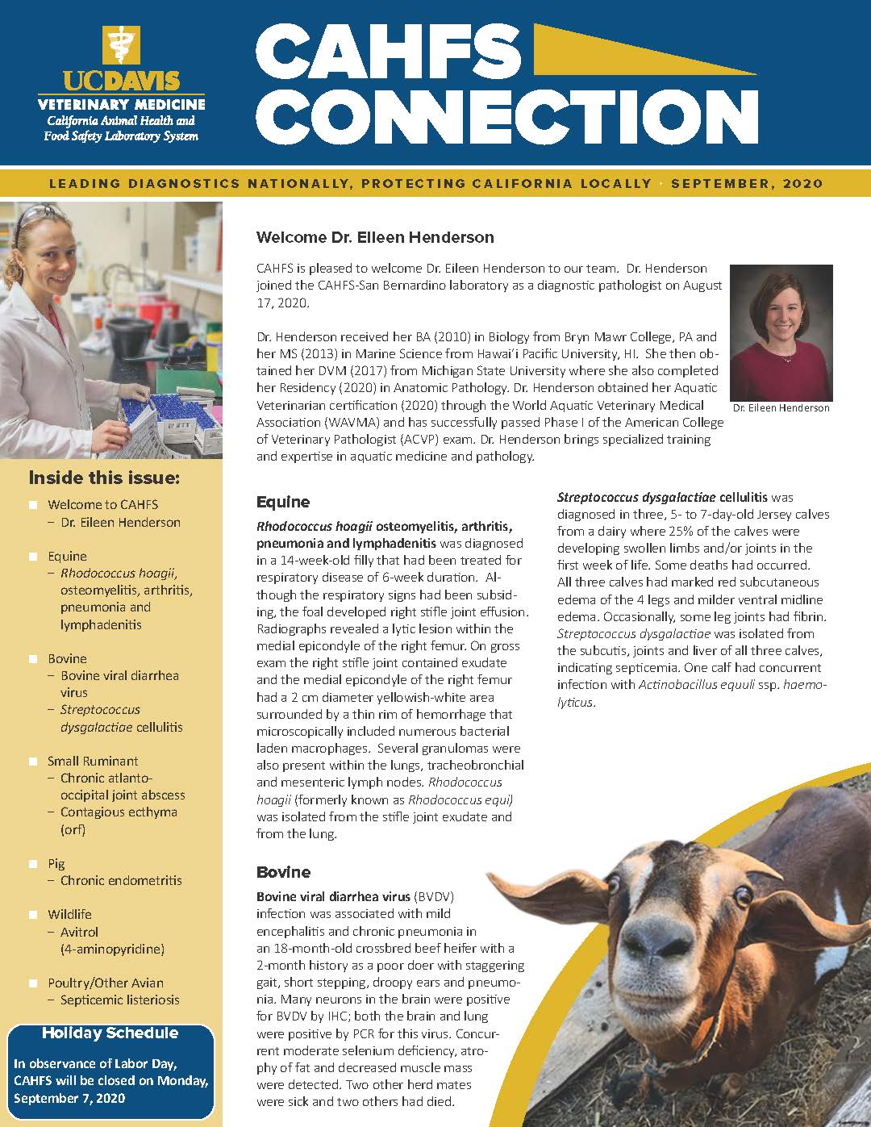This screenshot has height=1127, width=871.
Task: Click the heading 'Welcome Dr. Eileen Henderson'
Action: pyautogui.click(x=375, y=237)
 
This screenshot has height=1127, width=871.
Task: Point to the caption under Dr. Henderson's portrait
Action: pyautogui.click(x=781, y=407)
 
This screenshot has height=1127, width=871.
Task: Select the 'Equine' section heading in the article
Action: pyautogui.click(x=283, y=502)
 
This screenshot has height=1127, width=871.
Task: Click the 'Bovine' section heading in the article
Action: pyautogui.click(x=283, y=872)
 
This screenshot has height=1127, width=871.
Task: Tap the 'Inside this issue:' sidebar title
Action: pyautogui.click(x=104, y=478)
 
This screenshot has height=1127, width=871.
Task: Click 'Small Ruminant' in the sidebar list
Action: pyautogui.click(x=93, y=761)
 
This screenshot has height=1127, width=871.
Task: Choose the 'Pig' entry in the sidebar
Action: pyautogui.click(x=56, y=863)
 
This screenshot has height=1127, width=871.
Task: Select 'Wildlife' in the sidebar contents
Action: pyautogui.click(x=69, y=914)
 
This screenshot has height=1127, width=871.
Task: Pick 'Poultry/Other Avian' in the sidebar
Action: pyautogui.click(x=105, y=983)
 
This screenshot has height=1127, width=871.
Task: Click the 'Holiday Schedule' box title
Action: pyautogui.click(x=110, y=1033)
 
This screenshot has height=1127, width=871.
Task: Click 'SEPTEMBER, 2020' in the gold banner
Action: pyautogui.click(x=747, y=183)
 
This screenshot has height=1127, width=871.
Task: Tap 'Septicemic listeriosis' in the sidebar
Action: pyautogui.click(x=119, y=1000)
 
